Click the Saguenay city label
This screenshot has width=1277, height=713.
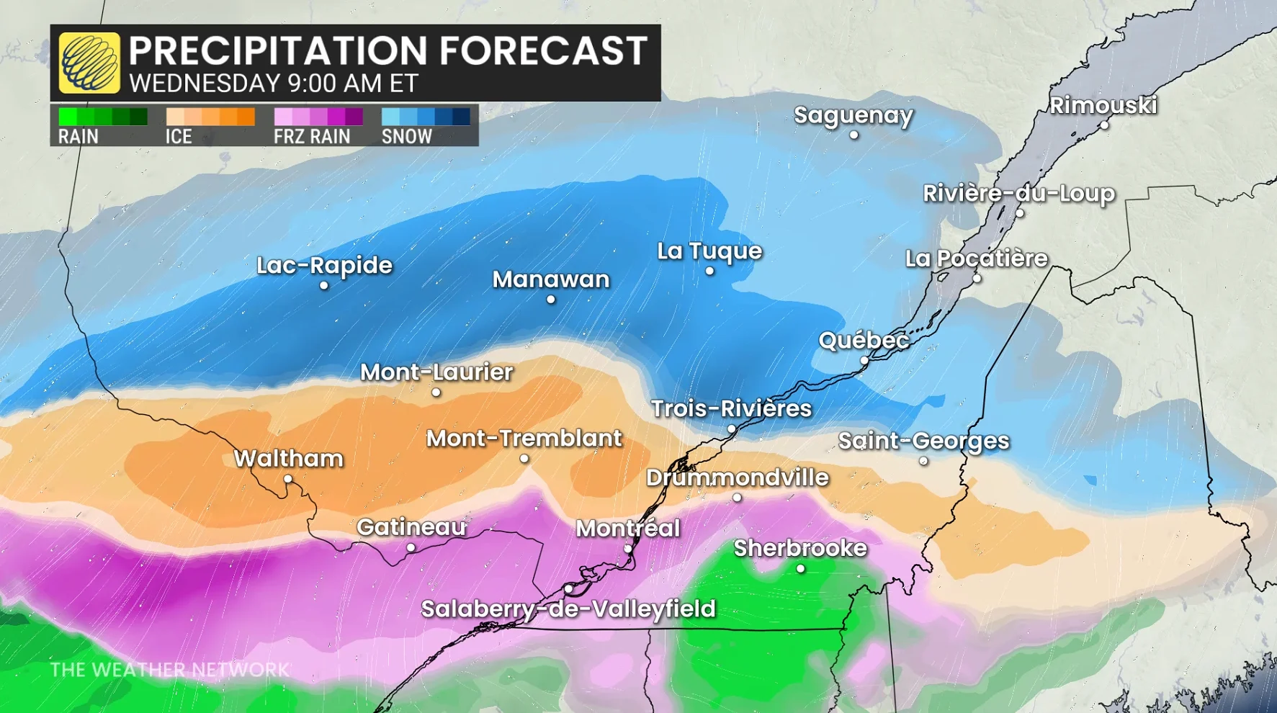pos(853,115)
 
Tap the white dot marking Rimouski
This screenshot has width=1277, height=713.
pos(1104,125)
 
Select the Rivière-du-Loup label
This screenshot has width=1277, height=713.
pos(1018,193)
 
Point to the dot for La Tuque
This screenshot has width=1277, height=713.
pos(709,271)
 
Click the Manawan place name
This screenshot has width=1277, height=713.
pos(551,279)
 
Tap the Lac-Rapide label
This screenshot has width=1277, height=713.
pos(324,265)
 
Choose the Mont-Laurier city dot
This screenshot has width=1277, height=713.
pos(436,393)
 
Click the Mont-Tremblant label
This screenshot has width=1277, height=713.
pos(524,438)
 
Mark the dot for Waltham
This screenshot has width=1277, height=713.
pos(287,479)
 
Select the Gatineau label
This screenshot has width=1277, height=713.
pos(411,527)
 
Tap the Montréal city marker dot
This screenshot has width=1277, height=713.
pos(627,549)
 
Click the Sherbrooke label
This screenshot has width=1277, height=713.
pos(799,548)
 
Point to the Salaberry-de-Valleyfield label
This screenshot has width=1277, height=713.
pos(568,609)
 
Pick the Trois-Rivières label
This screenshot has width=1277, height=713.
pos(731,408)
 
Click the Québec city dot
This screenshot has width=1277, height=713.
pos(864,361)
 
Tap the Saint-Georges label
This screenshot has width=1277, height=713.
pos(923,441)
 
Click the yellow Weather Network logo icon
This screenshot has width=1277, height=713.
pos(89,63)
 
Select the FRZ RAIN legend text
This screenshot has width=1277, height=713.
pos(311,136)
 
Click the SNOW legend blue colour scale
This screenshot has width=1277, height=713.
pos(426,117)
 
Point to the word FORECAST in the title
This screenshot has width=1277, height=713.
pos(543,50)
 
